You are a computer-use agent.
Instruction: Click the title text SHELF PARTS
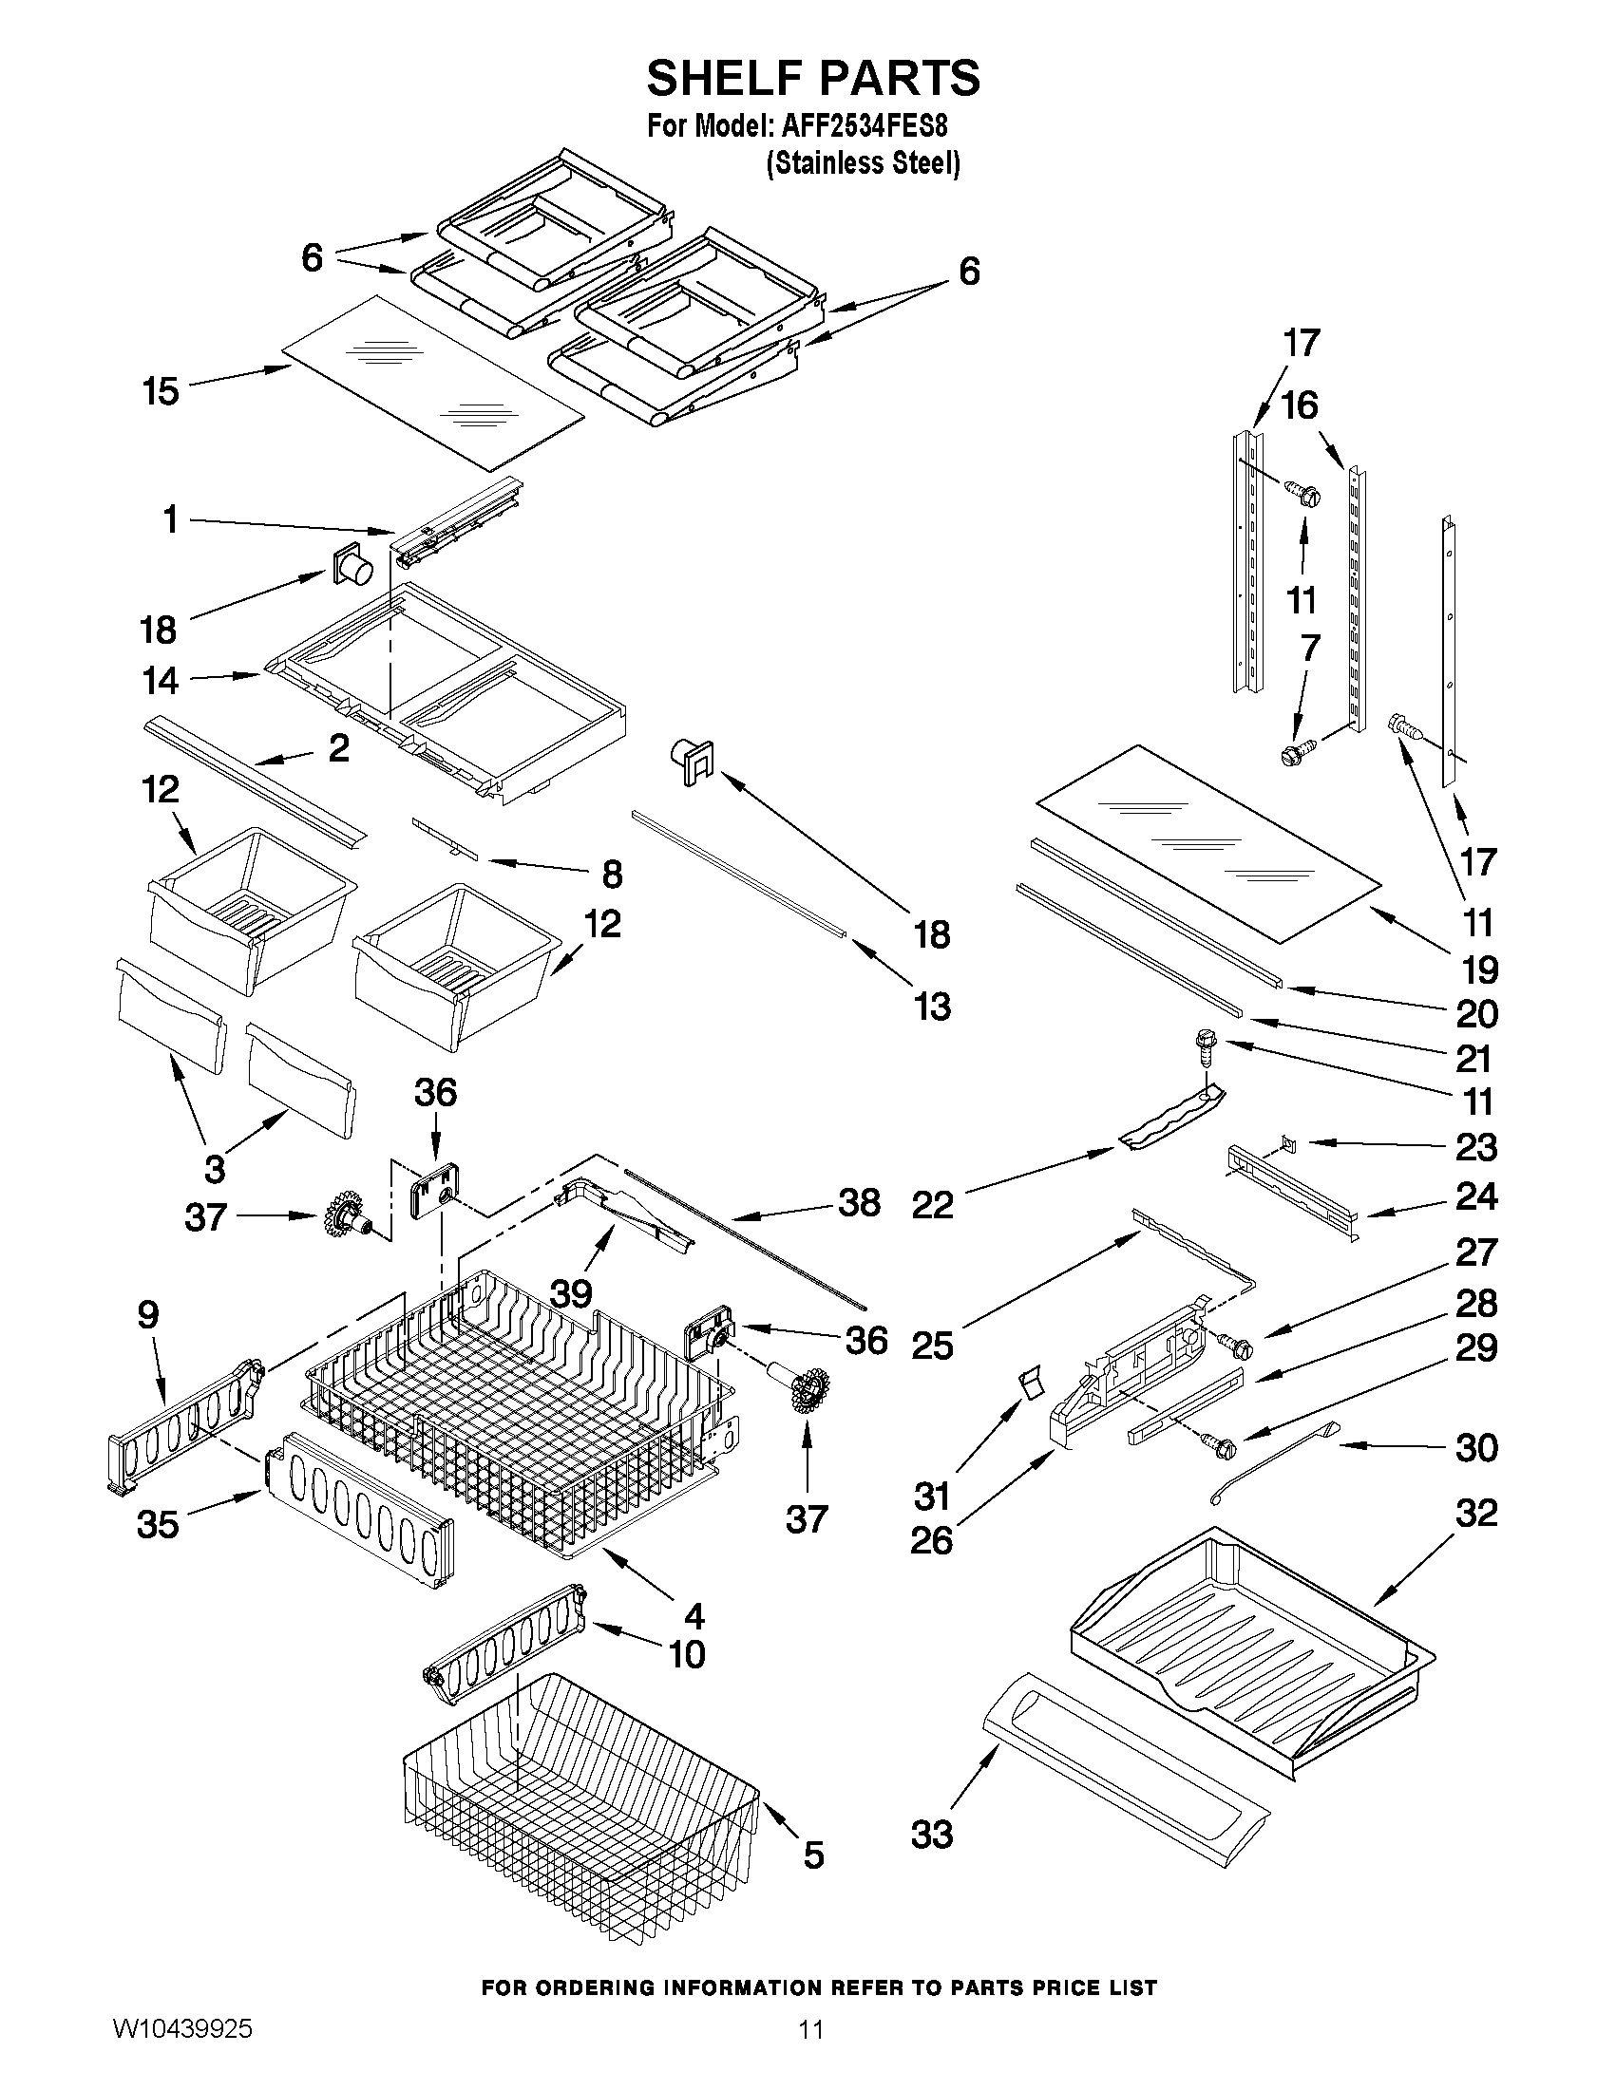(x=813, y=78)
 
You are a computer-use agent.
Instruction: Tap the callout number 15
(x=161, y=391)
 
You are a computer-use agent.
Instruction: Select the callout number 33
(x=931, y=1835)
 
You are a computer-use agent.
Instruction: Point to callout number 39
(x=571, y=1293)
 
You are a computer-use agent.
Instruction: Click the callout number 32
(x=1475, y=1514)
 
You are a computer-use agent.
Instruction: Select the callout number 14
(x=161, y=681)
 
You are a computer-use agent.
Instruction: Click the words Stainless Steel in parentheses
(x=863, y=163)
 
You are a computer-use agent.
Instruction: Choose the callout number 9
(x=148, y=1315)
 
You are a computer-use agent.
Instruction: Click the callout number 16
(x=1299, y=405)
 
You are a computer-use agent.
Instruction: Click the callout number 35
(x=158, y=1523)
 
